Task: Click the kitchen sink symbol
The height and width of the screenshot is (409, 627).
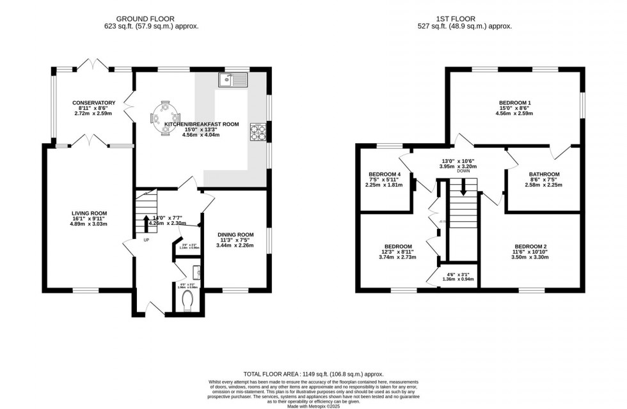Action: coord(232,80)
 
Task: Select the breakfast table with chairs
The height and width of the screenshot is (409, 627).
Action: coord(164,118)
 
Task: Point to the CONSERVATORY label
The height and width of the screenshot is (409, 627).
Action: coord(93,102)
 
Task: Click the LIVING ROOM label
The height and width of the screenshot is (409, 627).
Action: coord(89,213)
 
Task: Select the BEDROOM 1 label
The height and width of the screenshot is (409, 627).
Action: coord(516,103)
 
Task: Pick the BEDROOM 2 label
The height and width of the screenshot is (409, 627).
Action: coord(530,246)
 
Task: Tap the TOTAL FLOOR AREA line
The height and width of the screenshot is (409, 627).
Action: coord(313,373)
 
